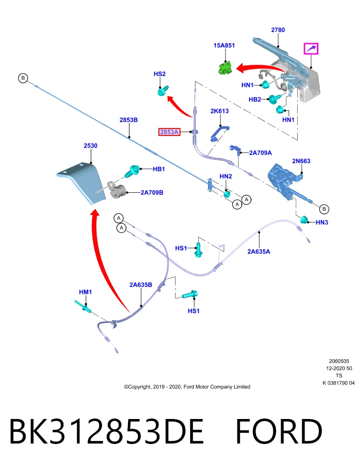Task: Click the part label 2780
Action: coord(278,30)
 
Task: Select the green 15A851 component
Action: coord(225,67)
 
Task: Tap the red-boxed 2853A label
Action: coord(169,132)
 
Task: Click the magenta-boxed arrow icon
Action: coord(311,49)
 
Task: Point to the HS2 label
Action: coord(159,74)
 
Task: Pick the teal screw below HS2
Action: coord(163,90)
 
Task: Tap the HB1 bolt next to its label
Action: coord(132,171)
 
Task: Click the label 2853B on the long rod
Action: coord(129,120)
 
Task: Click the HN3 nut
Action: coord(305,220)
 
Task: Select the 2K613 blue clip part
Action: coord(220,133)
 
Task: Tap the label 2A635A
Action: coord(258,251)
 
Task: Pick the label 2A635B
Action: coord(140,285)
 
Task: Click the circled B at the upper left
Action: coord(23,78)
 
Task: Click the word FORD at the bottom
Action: coord(279,431)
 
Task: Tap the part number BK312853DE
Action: coord(106,431)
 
